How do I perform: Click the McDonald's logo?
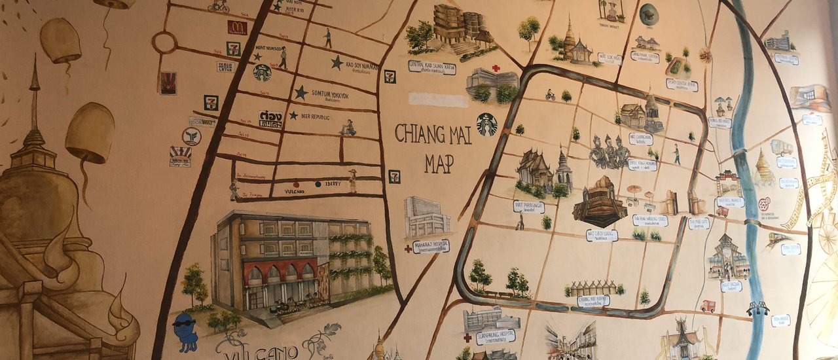[x=237, y=27]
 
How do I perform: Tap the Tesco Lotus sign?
[x=225, y=66]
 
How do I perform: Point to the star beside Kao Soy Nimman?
[x=337, y=62]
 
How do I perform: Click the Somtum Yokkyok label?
[x=331, y=95]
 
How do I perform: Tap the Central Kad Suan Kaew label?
[x=431, y=67]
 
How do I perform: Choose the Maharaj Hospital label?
[x=431, y=246]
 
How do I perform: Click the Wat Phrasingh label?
[x=528, y=206]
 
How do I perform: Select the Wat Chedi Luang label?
[x=602, y=234]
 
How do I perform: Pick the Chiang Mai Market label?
[x=593, y=300]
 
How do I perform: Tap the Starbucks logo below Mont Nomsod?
[x=262, y=73]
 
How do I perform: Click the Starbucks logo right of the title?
[x=486, y=124]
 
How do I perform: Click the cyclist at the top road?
[x=218, y=6]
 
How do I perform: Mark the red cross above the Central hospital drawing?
[x=496, y=68]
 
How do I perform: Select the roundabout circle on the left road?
[x=164, y=43]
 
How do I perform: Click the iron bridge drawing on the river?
[x=758, y=308]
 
